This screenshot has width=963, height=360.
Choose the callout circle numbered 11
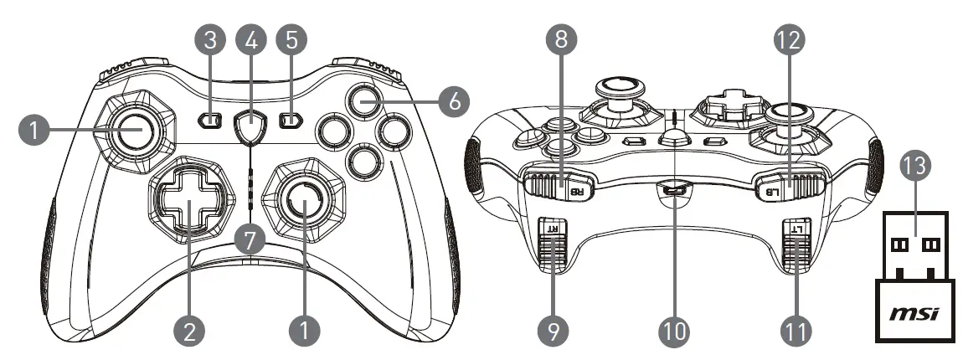(x=796, y=331)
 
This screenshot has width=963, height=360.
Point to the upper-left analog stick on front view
(x=133, y=130)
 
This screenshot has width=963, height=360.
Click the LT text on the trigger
(x=796, y=226)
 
